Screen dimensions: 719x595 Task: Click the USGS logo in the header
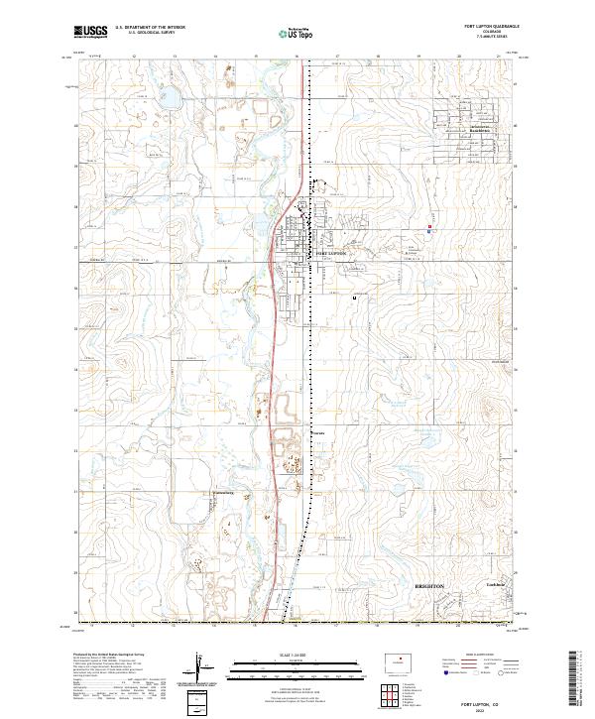pyautogui.click(x=90, y=32)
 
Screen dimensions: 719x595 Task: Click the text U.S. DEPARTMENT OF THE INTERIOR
pyautogui.click(x=151, y=29)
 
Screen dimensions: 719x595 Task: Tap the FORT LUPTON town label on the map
pyautogui.click(x=331, y=254)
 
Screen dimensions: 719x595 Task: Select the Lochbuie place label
pyautogui.click(x=496, y=585)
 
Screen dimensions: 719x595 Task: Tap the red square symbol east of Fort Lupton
pyautogui.click(x=429, y=227)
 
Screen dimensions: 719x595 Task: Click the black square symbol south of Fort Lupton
pyautogui.click(x=354, y=296)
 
